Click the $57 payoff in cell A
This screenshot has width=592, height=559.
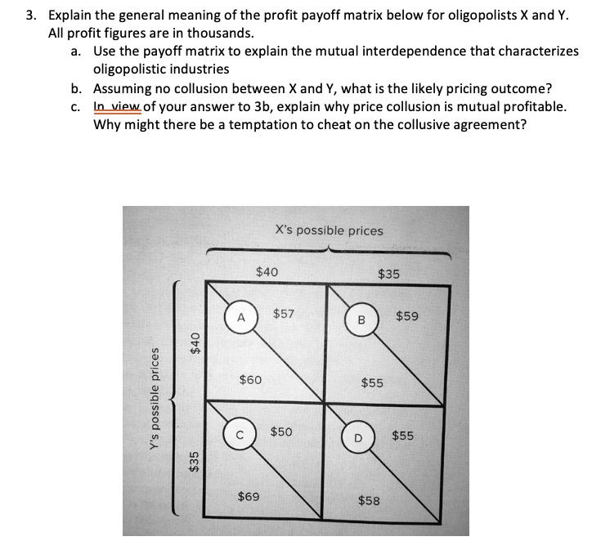[x=284, y=313]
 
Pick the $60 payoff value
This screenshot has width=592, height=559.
[x=250, y=379]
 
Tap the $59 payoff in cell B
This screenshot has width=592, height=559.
[x=406, y=315]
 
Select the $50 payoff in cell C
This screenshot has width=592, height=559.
[x=283, y=431]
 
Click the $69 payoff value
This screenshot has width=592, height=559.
[x=249, y=496]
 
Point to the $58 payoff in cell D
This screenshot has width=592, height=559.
[x=369, y=500]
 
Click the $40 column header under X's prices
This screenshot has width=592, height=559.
[x=267, y=271]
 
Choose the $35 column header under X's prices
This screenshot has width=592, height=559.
[x=388, y=274]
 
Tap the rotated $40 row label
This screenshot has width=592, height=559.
[x=195, y=338]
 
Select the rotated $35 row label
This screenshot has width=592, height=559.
[x=195, y=462]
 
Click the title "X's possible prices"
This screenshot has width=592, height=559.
[x=329, y=230]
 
